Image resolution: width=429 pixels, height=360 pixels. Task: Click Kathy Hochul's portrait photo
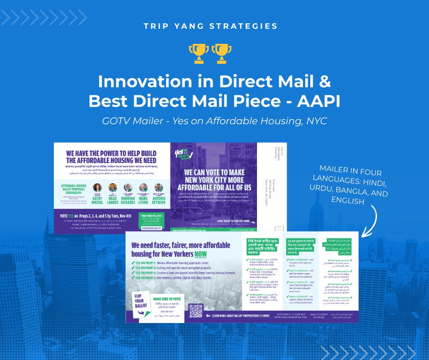pyautogui.click(x=97, y=187)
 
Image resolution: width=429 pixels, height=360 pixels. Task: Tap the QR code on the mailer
pyautogui.click(x=195, y=311)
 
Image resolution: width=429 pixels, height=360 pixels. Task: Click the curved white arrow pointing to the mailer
pyautogui.click(x=372, y=219)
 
